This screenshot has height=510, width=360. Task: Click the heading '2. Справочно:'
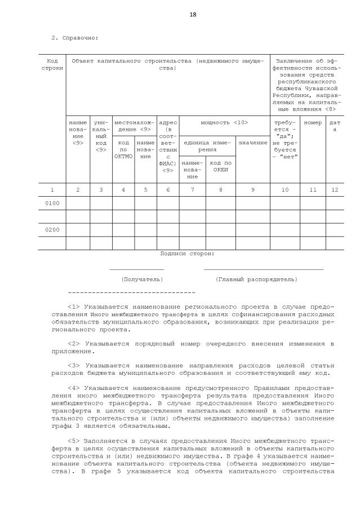(75, 38)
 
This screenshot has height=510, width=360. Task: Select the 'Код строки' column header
(52, 64)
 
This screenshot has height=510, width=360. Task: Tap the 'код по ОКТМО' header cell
(123, 149)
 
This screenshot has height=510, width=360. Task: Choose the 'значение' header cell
(252, 143)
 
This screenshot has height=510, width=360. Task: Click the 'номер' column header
(313, 122)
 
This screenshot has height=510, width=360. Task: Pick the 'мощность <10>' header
(224, 122)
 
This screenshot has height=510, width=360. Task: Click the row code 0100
(52, 203)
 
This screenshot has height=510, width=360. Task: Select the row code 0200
(52, 230)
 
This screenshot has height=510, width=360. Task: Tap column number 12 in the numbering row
(335, 190)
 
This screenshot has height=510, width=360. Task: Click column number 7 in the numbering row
(193, 190)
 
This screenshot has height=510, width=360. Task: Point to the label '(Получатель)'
(142, 279)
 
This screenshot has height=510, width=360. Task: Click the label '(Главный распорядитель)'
(256, 279)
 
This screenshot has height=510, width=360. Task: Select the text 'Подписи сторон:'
(187, 254)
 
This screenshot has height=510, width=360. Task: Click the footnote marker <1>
(74, 307)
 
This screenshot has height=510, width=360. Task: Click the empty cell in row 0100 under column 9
(252, 203)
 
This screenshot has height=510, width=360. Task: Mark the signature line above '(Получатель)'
(137, 270)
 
